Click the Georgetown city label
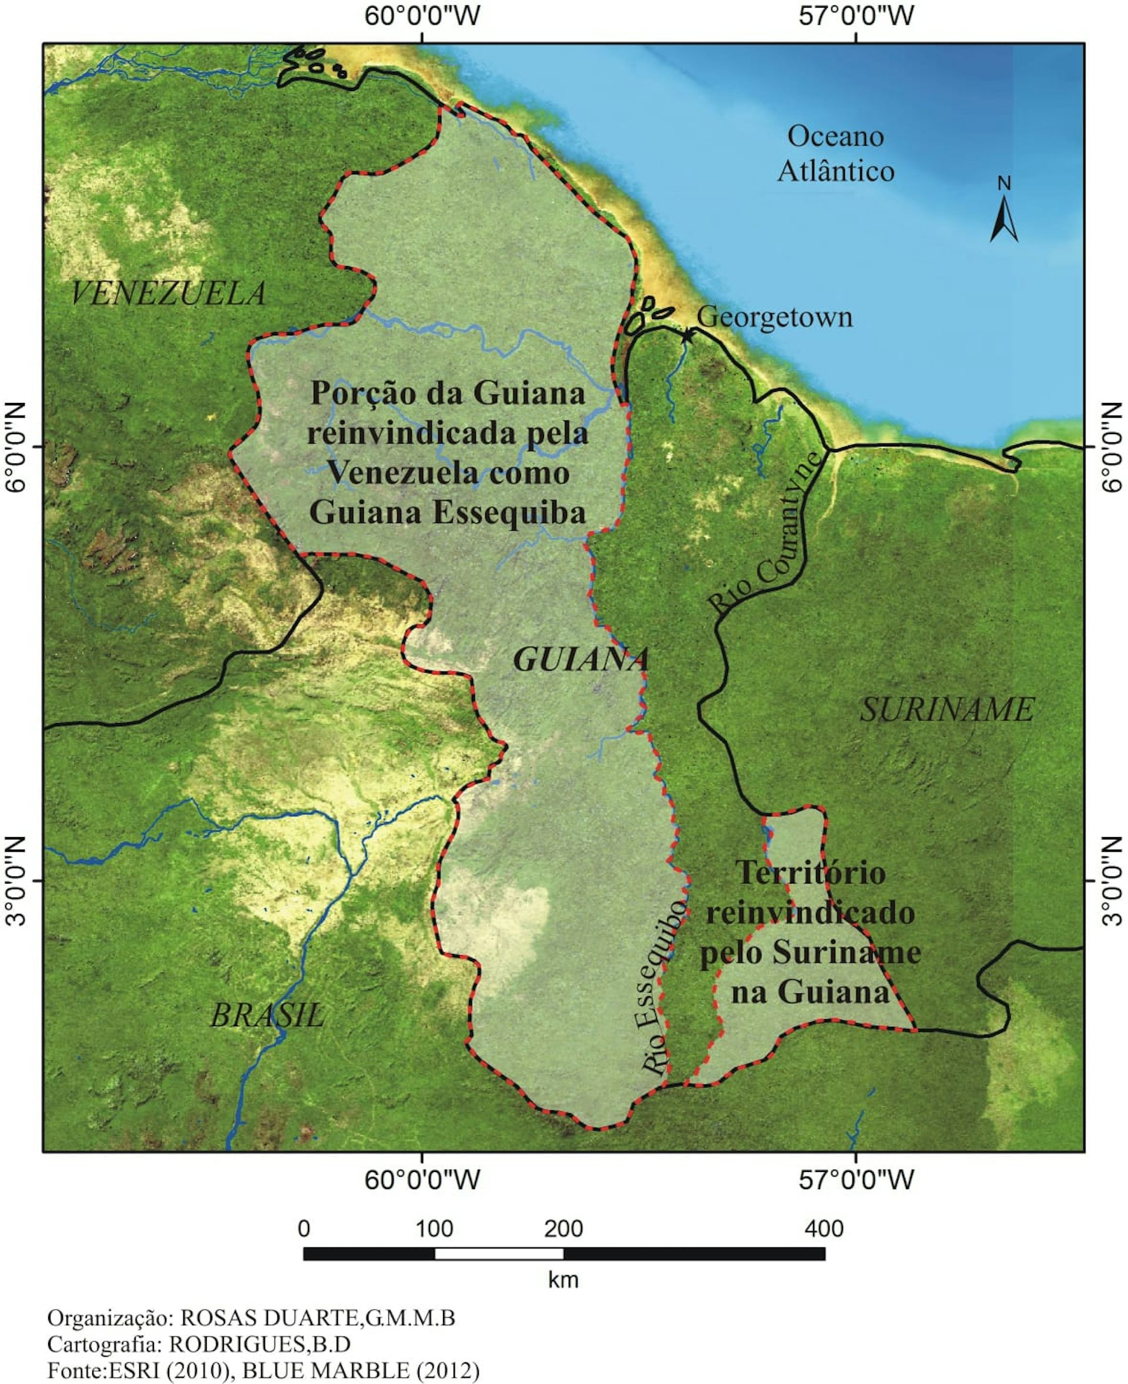774,318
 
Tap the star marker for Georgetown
687,335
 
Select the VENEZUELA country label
167,294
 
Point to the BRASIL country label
267,1015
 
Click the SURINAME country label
946,710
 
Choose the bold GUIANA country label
581,660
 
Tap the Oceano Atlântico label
835,154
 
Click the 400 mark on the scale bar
824,1230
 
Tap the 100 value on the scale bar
434,1230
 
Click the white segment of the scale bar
498,1254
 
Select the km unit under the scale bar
563,1280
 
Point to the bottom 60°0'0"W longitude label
422,1180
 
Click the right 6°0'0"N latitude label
1112,447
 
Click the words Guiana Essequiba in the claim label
448,512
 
